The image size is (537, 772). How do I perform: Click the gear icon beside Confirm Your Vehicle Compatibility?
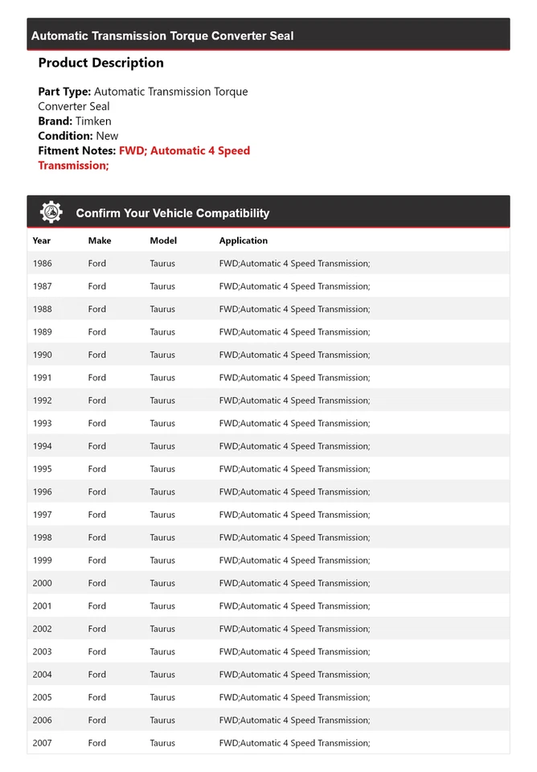(x=51, y=212)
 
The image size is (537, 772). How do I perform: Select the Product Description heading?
(x=100, y=63)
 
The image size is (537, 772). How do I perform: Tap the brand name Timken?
(x=93, y=121)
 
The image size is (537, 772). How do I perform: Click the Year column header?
(x=42, y=240)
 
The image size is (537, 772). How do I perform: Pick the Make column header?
(x=100, y=240)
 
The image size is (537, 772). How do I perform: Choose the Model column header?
(x=163, y=240)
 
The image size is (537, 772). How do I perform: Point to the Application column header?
(x=244, y=240)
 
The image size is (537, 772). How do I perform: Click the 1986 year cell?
(x=42, y=263)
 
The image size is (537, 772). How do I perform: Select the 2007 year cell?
(x=42, y=743)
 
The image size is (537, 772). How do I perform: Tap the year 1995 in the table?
(x=42, y=469)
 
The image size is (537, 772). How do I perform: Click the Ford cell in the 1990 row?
(x=97, y=355)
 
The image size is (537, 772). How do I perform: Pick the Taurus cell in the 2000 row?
(x=162, y=583)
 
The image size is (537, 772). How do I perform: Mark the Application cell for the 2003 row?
(x=294, y=651)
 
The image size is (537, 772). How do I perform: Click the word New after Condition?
(x=107, y=136)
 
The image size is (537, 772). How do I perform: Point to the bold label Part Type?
(x=64, y=92)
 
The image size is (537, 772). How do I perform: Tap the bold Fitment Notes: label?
(x=76, y=150)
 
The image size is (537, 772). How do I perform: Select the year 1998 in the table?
(x=42, y=537)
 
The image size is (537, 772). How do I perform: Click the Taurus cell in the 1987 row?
(x=162, y=286)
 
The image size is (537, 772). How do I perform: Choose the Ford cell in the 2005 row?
(x=97, y=697)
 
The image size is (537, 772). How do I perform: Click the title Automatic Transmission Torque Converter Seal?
(x=162, y=35)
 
